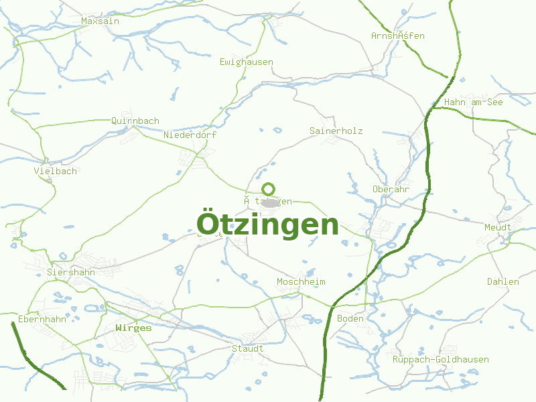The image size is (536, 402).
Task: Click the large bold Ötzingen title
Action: pos(268,224)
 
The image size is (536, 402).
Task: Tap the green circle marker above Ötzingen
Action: pos(269,189)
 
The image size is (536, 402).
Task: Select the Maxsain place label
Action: pos(100,21)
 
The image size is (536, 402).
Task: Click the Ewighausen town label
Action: pos(247,62)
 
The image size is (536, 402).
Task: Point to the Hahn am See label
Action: pos(474,103)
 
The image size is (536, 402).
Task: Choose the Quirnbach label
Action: pos(135,121)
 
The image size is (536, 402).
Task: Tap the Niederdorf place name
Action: pos(190,135)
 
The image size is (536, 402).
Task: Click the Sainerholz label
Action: pos(336,131)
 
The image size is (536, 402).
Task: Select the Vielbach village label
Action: pos(56,172)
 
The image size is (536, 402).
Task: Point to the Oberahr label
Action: pos(391,190)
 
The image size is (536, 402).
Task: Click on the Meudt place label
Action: pos(498,228)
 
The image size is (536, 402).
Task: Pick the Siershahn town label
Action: pos(71,273)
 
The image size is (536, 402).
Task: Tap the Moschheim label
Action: pos(301,282)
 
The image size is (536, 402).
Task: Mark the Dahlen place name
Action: pos(503,282)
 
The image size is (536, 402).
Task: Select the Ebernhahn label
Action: pos(42,320)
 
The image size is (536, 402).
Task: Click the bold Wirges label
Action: pos(133,328)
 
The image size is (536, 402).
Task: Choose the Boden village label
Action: pos(350,319)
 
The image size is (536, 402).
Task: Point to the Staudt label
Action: pos(248,349)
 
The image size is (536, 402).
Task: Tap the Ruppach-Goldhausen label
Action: pos(441,360)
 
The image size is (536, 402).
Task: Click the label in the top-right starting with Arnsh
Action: pos(398,36)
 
